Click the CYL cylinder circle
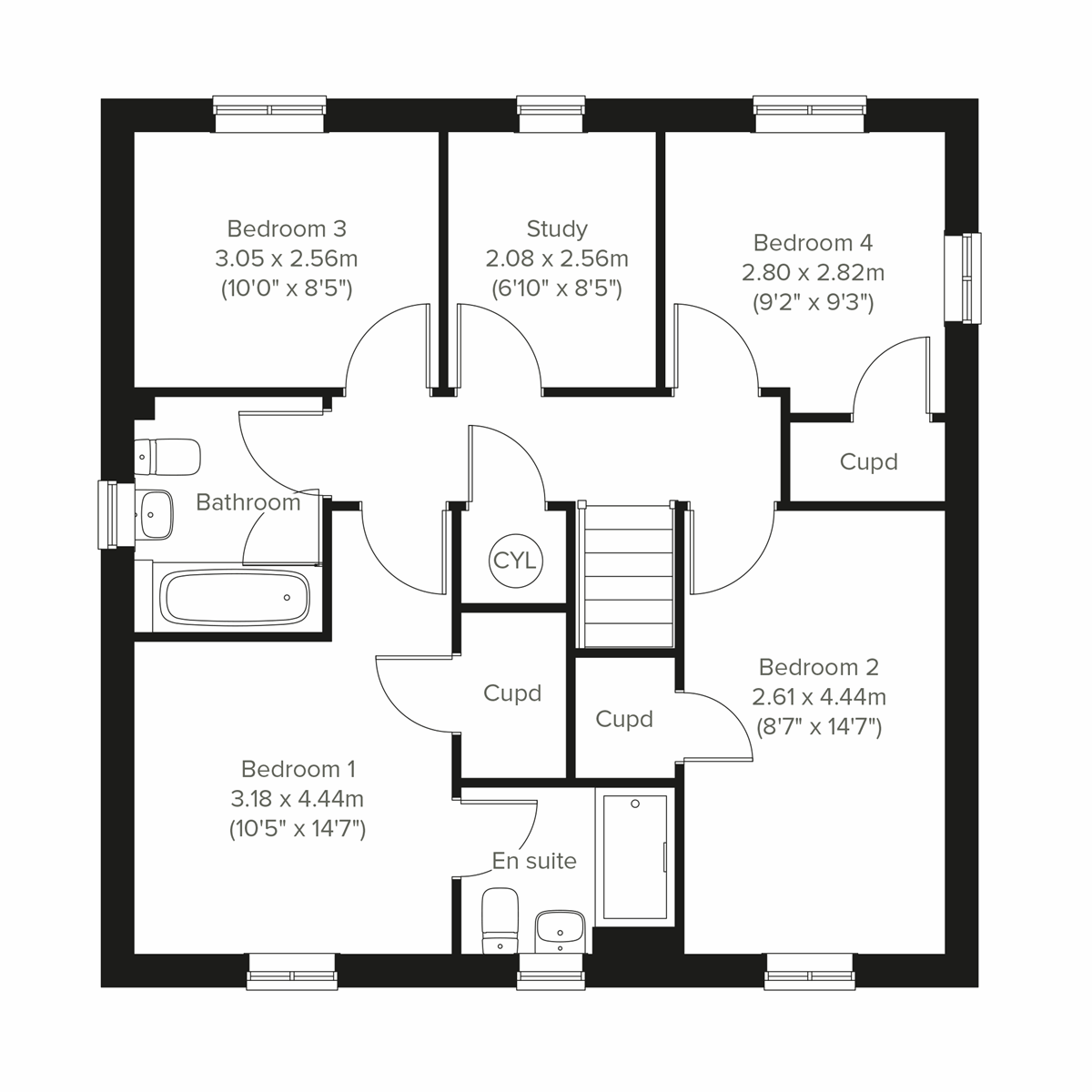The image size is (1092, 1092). [515, 560]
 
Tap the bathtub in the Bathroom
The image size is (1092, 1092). [235, 597]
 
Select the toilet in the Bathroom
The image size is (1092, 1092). [169, 457]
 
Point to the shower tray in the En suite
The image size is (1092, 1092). [634, 858]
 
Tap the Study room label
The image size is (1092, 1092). [557, 228]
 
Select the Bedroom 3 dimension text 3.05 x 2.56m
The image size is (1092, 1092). [287, 258]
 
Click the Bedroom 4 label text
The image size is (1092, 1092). [813, 243]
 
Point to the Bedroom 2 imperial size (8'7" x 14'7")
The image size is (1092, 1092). [819, 727]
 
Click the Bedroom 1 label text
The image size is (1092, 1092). [298, 769]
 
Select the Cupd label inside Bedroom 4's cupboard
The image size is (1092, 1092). [868, 462]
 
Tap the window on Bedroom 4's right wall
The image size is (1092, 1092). [963, 278]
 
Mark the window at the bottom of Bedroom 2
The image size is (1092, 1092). [810, 971]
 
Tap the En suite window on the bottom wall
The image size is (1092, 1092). [551, 971]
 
